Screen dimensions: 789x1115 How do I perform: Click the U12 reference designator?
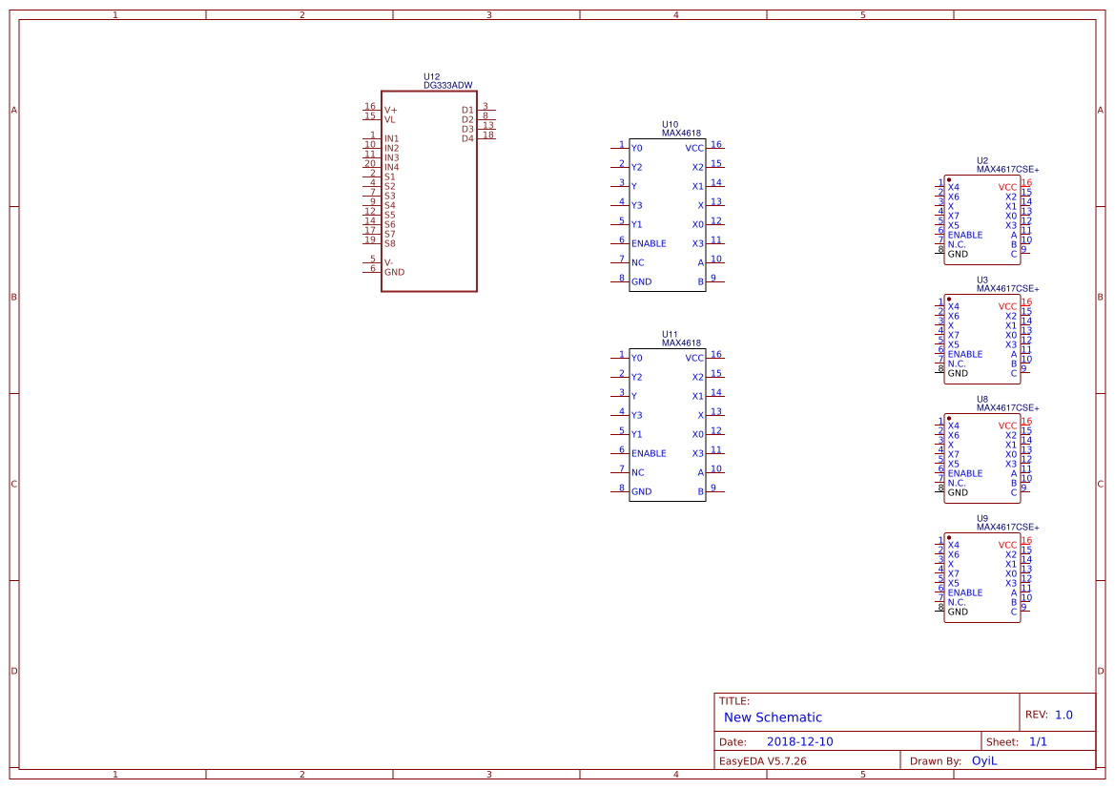[432, 77]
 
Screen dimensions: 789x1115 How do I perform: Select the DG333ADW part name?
[447, 86]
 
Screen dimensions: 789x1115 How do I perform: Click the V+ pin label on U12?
[390, 111]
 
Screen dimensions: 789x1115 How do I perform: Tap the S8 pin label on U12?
[389, 244]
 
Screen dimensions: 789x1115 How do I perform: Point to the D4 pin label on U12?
[467, 139]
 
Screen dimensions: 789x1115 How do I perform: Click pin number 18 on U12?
[487, 135]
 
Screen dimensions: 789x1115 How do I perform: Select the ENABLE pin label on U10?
[649, 244]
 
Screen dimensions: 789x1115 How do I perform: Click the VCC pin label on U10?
[694, 149]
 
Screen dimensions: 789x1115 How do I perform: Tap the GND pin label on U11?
[641, 492]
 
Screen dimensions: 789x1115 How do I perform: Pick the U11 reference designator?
[670, 335]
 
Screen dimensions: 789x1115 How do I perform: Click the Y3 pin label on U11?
[636, 416]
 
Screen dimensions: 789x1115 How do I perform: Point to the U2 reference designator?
[982, 160]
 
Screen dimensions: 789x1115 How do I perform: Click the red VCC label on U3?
[1007, 307]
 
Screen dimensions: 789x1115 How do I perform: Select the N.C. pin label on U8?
[957, 483]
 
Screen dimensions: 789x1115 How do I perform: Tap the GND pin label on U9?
[958, 612]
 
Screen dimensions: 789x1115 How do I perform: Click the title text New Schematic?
[773, 717]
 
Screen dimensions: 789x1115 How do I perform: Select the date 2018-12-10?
[799, 742]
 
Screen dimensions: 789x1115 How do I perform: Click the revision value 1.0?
[1063, 715]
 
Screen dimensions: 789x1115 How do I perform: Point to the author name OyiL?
[983, 761]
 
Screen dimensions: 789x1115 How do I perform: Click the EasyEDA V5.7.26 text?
[762, 761]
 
